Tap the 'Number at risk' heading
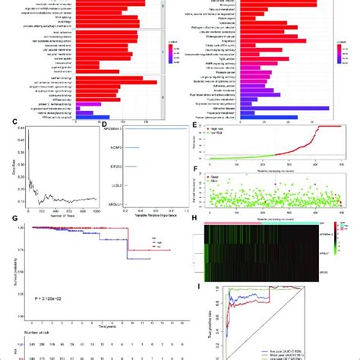[x=26, y=333]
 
